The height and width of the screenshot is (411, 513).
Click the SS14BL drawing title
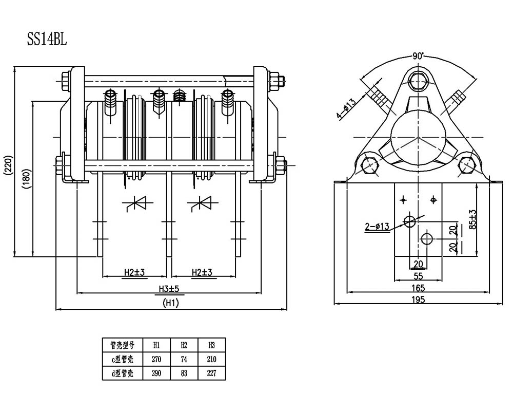(x=47, y=39)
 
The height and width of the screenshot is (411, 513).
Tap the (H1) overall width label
(x=171, y=303)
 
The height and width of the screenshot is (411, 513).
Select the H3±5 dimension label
(x=169, y=289)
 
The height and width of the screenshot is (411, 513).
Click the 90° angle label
(x=418, y=56)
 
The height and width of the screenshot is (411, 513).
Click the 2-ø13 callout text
(x=377, y=226)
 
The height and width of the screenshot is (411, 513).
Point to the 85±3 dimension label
(x=472, y=219)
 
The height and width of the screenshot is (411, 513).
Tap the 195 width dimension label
(x=418, y=299)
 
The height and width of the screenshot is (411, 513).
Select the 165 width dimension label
(x=418, y=288)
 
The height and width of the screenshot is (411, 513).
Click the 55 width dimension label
(x=419, y=276)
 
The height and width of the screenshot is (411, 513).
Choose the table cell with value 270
(x=156, y=359)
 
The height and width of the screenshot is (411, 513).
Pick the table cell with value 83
(x=184, y=373)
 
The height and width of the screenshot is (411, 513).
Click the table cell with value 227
(x=212, y=373)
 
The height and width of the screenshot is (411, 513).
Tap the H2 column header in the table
(x=184, y=345)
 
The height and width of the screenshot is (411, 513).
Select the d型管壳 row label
(x=123, y=373)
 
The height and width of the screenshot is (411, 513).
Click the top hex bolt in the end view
(x=418, y=81)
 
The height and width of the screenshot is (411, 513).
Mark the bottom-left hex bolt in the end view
(x=369, y=165)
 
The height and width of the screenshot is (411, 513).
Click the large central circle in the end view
(x=418, y=137)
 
